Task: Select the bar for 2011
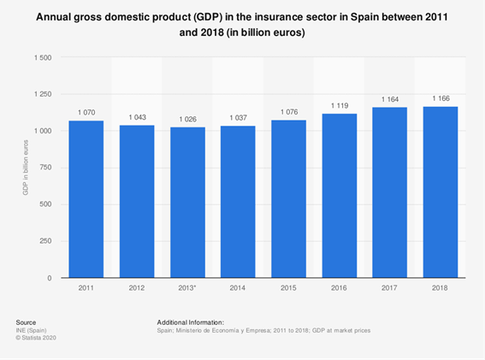[x=86, y=199]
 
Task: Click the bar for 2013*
[x=187, y=203]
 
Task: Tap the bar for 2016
[x=340, y=196]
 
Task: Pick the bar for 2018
[x=441, y=192]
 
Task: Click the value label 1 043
[x=138, y=117]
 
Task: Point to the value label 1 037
[x=238, y=118]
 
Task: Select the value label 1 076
[x=289, y=112]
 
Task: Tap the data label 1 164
[x=390, y=99]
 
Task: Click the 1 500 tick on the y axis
[x=43, y=58]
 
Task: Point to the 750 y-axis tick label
[x=45, y=168]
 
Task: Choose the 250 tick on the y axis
[x=45, y=241]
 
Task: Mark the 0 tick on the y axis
[x=50, y=278]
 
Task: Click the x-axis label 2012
[x=137, y=288]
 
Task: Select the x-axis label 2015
[x=288, y=288]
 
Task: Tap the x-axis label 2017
[x=389, y=288]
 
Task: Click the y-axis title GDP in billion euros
[x=26, y=168]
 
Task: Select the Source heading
[x=26, y=322]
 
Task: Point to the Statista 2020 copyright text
[x=36, y=338]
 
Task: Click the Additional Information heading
[x=190, y=322]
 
